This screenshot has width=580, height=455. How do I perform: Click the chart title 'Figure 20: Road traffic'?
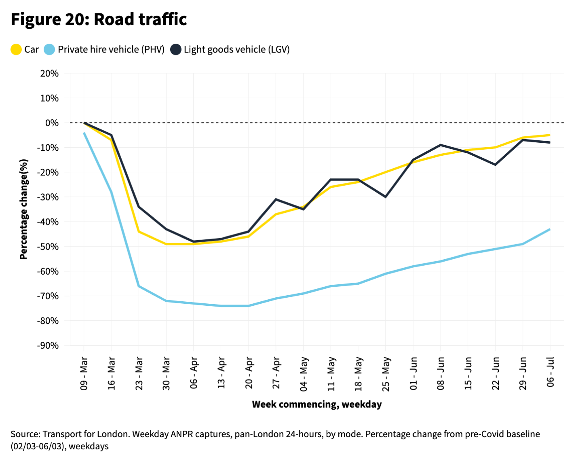click(x=99, y=19)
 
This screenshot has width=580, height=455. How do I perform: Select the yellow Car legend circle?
click(x=16, y=50)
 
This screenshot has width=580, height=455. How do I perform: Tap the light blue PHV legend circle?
click(x=49, y=50)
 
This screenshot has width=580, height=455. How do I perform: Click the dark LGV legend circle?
click(x=175, y=50)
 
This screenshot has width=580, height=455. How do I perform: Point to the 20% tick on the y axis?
click(x=49, y=74)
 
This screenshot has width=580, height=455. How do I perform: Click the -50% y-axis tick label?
click(x=48, y=247)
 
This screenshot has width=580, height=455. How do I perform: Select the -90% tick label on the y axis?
click(x=48, y=346)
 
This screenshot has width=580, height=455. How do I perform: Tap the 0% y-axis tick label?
click(x=52, y=123)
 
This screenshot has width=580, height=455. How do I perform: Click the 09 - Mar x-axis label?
click(x=84, y=373)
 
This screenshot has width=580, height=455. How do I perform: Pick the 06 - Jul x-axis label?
click(x=550, y=372)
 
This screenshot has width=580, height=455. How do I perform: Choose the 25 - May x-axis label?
click(x=386, y=374)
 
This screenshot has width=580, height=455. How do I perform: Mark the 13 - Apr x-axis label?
click(x=221, y=373)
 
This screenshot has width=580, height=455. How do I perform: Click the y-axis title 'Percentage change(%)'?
click(x=24, y=209)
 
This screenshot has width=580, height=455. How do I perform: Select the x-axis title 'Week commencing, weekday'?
click(x=316, y=404)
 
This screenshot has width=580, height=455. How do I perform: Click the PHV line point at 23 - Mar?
click(x=139, y=286)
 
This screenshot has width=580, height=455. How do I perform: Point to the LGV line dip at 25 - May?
click(x=386, y=197)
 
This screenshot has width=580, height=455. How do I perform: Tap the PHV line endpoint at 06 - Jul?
click(x=550, y=229)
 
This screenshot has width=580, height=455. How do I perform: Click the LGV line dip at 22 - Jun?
click(x=495, y=165)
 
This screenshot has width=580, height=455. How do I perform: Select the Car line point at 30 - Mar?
click(x=166, y=244)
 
